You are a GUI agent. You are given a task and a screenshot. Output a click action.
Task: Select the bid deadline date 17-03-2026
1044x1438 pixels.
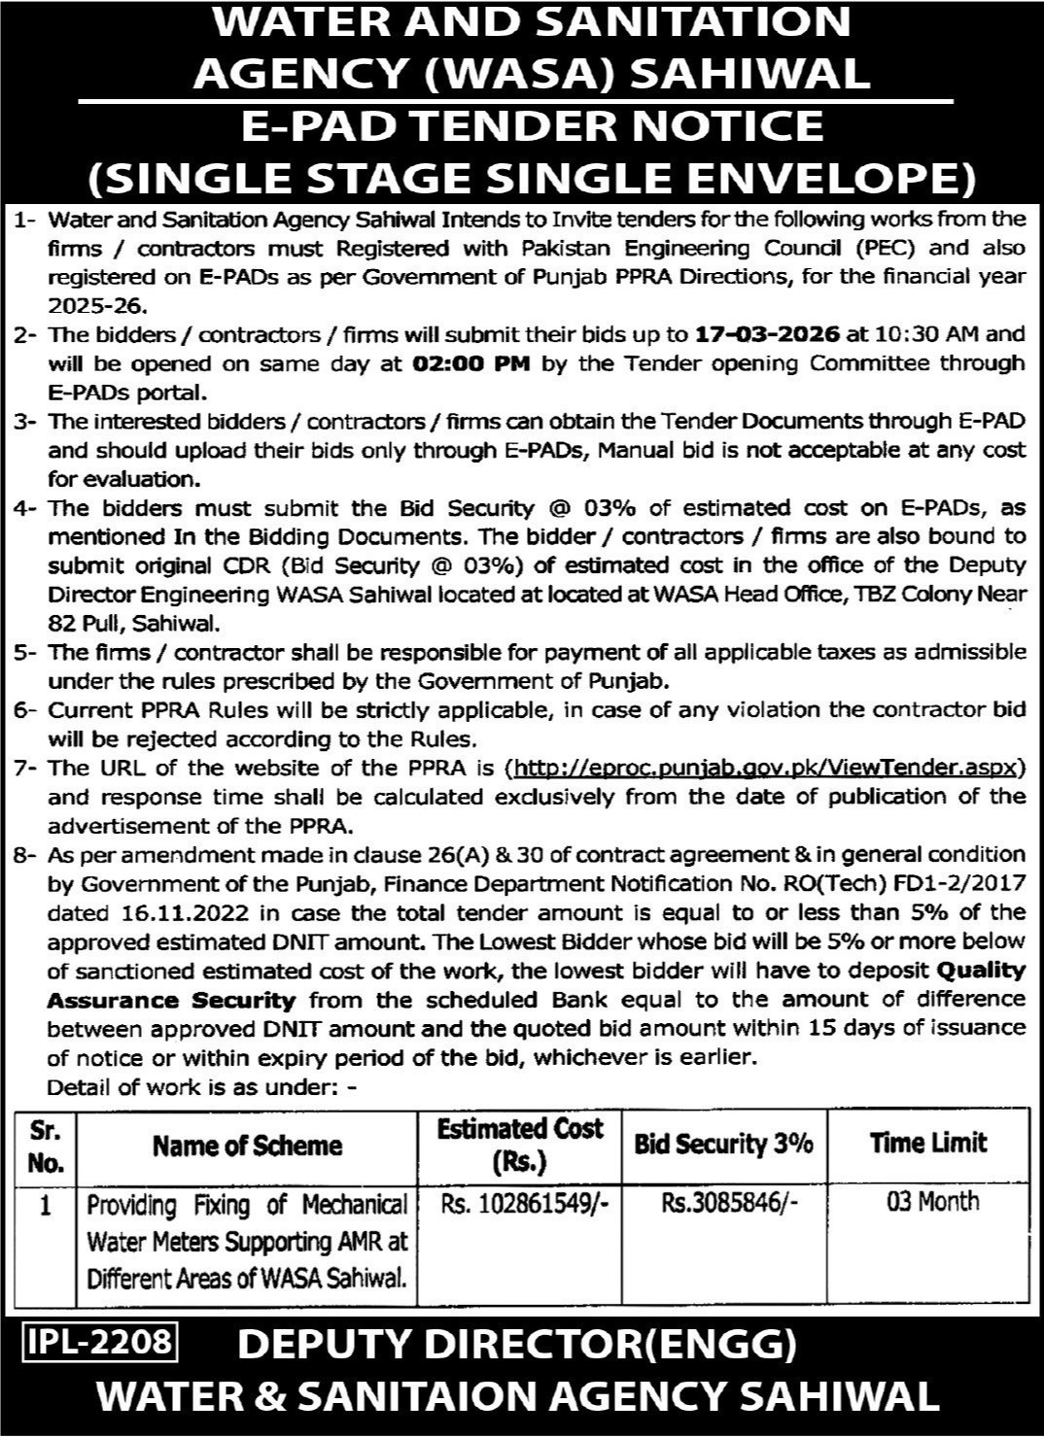coord(768,335)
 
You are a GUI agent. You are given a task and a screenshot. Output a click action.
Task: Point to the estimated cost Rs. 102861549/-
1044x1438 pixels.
coord(525,1205)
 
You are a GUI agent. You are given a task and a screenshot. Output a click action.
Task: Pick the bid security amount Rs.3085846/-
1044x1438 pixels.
coord(730,1205)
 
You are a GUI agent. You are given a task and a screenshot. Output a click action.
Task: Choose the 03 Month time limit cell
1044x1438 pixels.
coord(932,1203)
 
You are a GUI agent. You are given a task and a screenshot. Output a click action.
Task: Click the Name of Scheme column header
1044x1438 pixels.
coord(247,1147)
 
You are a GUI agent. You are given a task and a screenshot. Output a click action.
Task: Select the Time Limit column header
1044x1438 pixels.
coord(928,1144)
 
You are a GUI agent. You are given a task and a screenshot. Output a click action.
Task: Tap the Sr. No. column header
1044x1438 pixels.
coord(47,1147)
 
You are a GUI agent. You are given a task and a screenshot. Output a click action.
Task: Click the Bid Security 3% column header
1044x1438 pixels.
coord(723,1145)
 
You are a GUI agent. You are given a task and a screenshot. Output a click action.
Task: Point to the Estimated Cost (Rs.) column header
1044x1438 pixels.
coord(520,1145)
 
